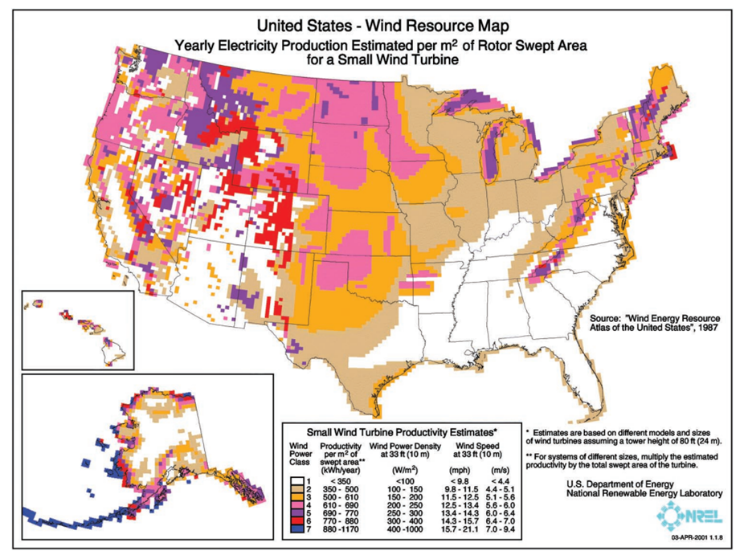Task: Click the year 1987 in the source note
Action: pyautogui.click(x=701, y=328)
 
